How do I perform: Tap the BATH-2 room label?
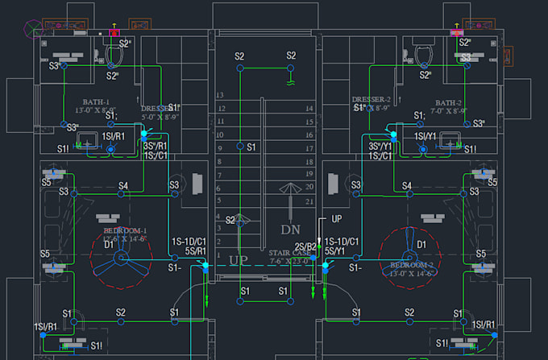[448, 103]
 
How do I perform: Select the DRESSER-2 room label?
[371, 101]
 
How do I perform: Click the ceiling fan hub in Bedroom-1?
[121, 259]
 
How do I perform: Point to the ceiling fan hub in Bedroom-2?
[409, 259]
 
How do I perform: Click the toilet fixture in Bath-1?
[114, 54]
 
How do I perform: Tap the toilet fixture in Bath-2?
[421, 52]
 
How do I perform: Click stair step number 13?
[219, 95]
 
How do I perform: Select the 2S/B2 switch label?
[306, 246]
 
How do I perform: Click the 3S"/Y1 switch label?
[380, 147]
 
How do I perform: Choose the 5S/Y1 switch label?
[334, 250]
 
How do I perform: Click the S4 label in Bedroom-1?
[123, 186]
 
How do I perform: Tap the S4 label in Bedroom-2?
[407, 186]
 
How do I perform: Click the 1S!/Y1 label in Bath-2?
[427, 137]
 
